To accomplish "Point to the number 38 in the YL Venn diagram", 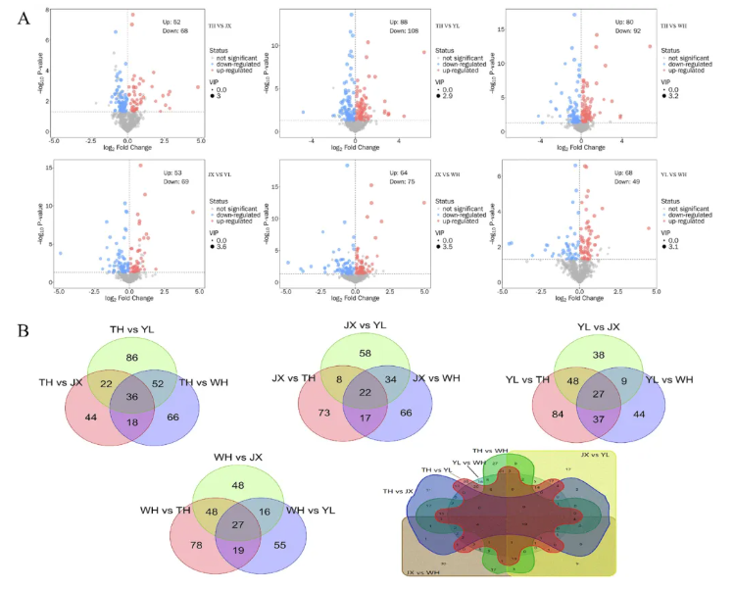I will [624, 357].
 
